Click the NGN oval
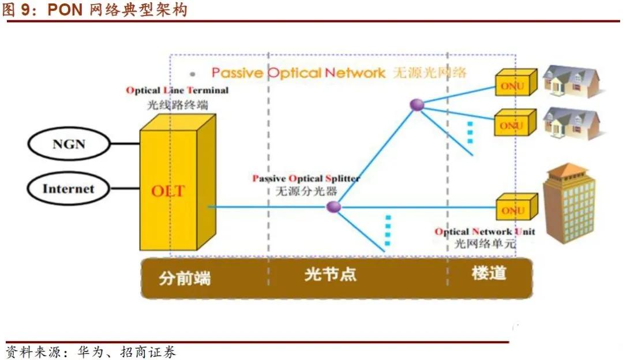tap(69, 144)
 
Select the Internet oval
tap(68, 189)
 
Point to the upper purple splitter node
tap(416, 104)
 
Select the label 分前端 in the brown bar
tap(185, 279)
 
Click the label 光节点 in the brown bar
tap(331, 274)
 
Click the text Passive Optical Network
tap(298, 73)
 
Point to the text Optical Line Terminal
tap(177, 91)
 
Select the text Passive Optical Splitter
tap(306, 179)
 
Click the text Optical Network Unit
tap(485, 232)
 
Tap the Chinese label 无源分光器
tap(306, 191)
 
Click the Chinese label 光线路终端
tap(177, 105)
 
